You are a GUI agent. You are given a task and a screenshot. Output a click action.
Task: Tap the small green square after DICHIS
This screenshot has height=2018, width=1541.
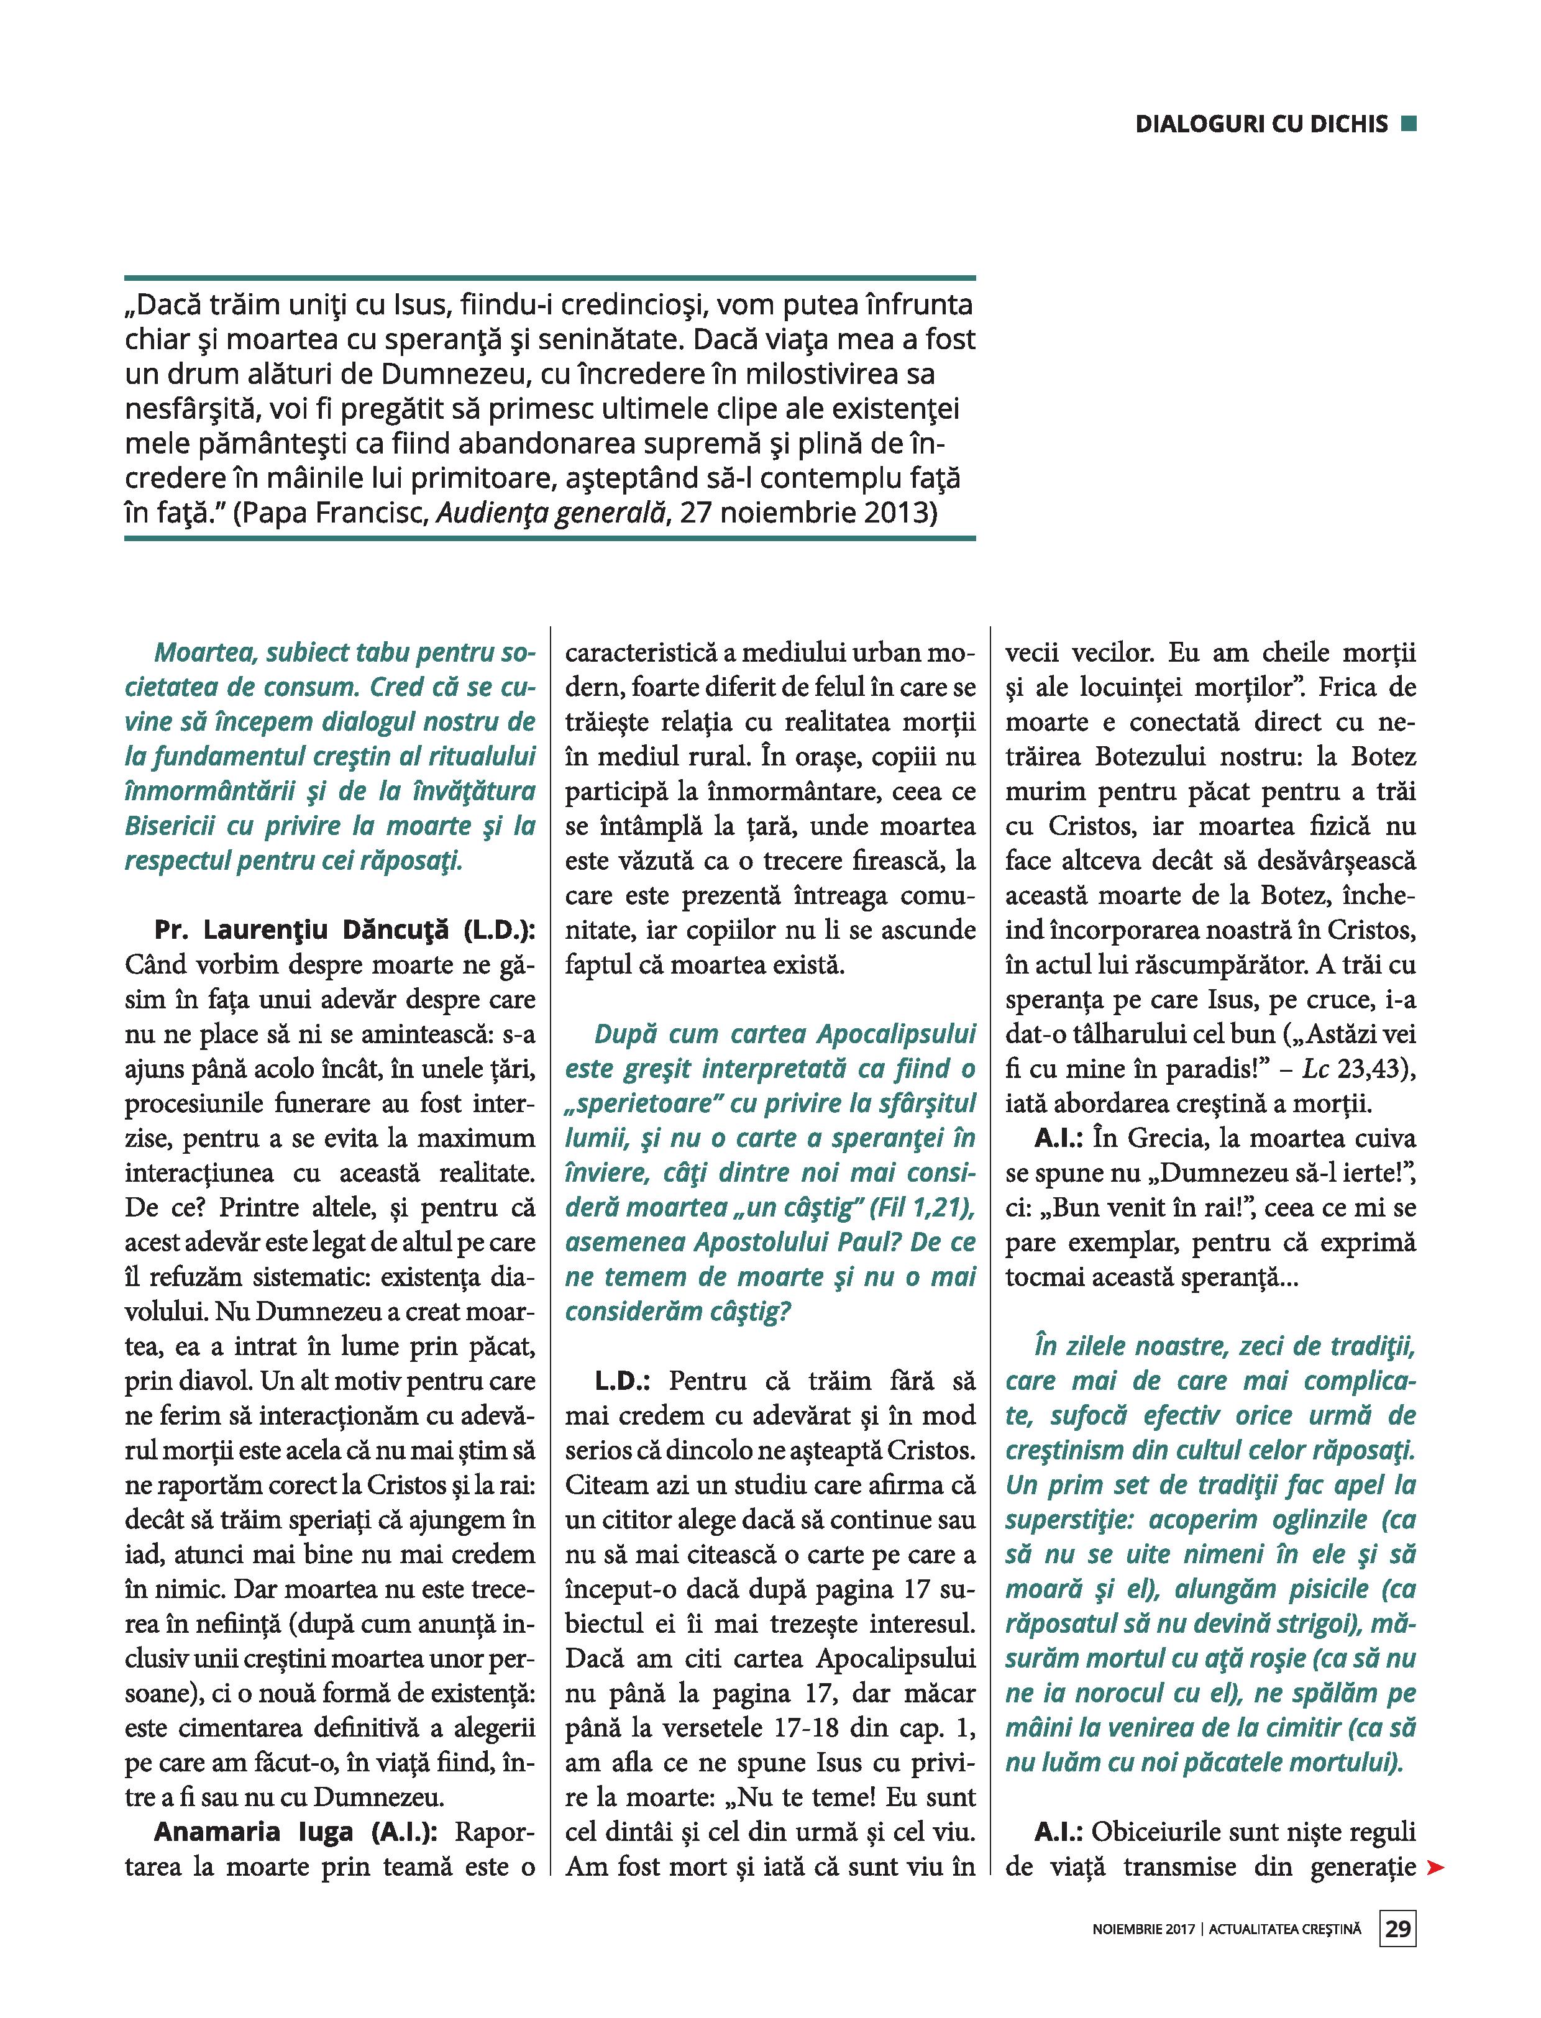[1410, 123]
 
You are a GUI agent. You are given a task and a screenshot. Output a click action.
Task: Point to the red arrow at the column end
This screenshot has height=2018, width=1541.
[1435, 1868]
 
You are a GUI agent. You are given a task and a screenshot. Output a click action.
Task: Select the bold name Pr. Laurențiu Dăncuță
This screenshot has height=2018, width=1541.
[308, 930]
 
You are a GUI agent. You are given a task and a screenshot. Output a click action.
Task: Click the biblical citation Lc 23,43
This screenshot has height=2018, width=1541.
[1367, 1069]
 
